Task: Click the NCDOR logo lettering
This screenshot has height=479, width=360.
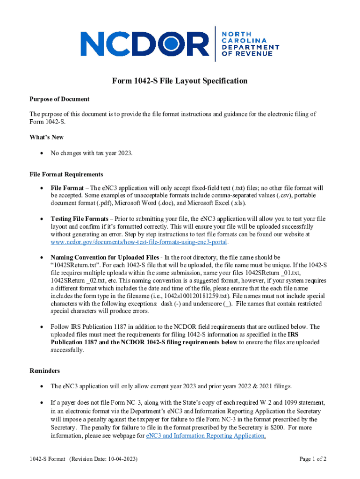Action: click(145, 44)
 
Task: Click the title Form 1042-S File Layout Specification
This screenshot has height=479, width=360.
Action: click(180, 81)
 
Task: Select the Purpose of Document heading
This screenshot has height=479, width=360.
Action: click(59, 99)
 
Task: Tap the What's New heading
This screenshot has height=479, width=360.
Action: click(47, 137)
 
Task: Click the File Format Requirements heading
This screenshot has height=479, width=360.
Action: click(66, 174)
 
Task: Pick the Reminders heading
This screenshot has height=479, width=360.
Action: click(44, 371)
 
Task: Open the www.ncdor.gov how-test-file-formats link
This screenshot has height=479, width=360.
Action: click(139, 242)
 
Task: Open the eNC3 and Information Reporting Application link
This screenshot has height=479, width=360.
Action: click(206, 436)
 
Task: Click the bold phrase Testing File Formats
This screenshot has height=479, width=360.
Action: click(79, 219)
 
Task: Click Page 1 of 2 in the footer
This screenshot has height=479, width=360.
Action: click(313, 459)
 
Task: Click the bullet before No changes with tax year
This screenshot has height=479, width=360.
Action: click(43, 152)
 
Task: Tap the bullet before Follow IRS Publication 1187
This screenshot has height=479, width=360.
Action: click(43, 327)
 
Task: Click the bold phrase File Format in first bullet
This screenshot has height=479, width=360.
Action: click(67, 188)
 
